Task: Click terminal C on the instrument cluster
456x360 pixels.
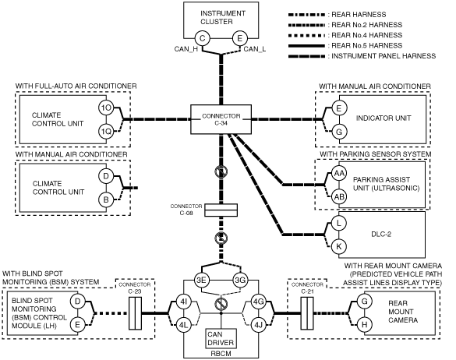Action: [x=203, y=38]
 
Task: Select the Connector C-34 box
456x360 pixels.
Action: [x=221, y=119]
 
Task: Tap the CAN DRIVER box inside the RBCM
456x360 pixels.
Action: [x=221, y=338]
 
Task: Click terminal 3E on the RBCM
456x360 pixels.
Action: [x=202, y=280]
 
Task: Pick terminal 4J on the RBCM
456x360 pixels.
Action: [x=258, y=325]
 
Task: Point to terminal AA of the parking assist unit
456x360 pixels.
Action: [x=339, y=173]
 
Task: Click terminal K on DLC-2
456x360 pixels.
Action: [x=339, y=246]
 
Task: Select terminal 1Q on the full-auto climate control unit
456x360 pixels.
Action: [x=106, y=132]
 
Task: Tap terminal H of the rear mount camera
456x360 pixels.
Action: [x=364, y=325]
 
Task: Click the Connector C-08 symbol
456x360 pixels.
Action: [x=221, y=210]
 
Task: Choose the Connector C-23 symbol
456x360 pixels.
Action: [x=135, y=313]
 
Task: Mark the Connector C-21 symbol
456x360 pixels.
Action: [x=307, y=313]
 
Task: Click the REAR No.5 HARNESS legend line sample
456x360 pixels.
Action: [x=306, y=46]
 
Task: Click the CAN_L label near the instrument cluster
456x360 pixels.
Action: [x=255, y=49]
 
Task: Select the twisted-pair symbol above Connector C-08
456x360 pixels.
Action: [x=221, y=172]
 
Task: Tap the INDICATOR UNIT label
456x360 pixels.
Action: [x=384, y=118]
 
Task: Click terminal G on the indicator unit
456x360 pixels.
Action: [x=339, y=132]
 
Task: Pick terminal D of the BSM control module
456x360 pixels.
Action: [x=77, y=302]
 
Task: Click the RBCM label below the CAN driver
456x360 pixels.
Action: [x=221, y=354]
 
